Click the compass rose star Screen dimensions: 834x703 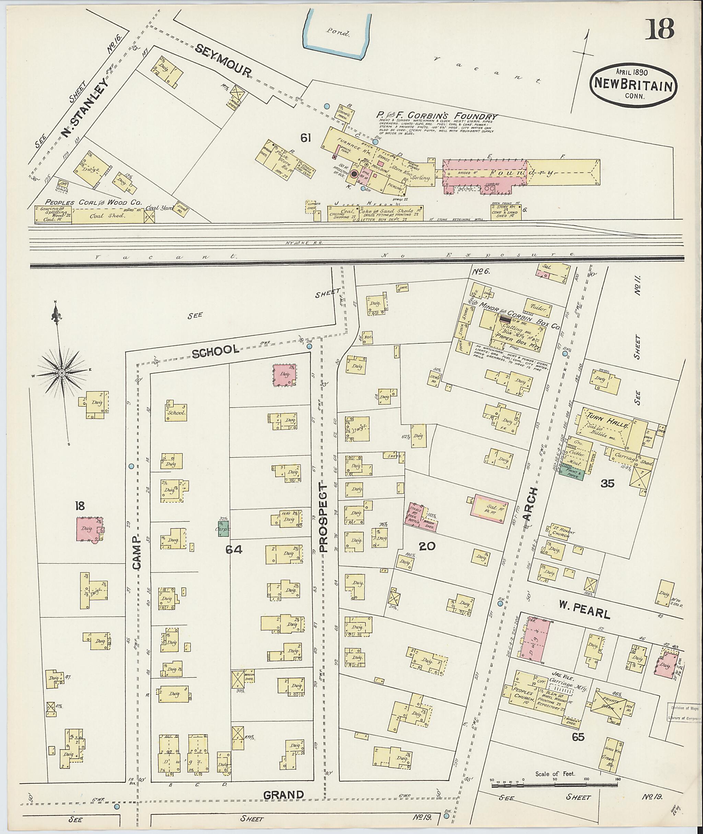click(62, 372)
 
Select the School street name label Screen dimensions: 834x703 click(216, 350)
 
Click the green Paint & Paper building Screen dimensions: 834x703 click(571, 473)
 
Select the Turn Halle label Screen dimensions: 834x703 click(602, 421)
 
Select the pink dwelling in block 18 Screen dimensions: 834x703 click(89, 529)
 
